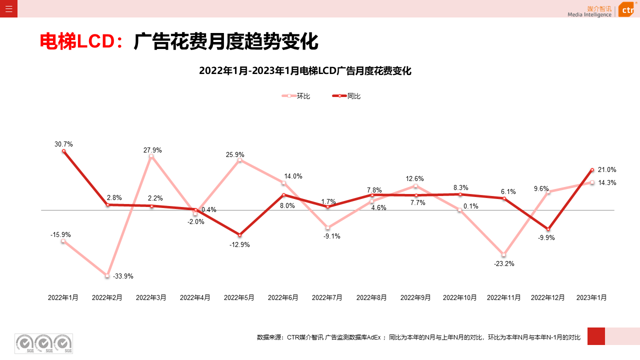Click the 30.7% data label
tap(63, 144)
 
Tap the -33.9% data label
tap(123, 276)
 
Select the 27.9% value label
tap(152, 150)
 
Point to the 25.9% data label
tap(235, 155)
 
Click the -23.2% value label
tap(504, 264)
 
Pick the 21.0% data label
tap(607, 170)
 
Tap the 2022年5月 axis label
tap(239, 297)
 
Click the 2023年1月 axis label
tap(591, 297)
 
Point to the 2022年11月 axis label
tap(504, 297)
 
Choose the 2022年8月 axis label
tap(371, 297)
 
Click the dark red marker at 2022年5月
tap(239, 234)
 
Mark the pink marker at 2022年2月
tap(107, 275)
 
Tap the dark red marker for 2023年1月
tap(592, 170)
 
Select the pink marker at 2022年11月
tap(504, 255)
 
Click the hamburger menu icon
tap(8, 8)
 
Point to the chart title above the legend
tap(305, 71)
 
